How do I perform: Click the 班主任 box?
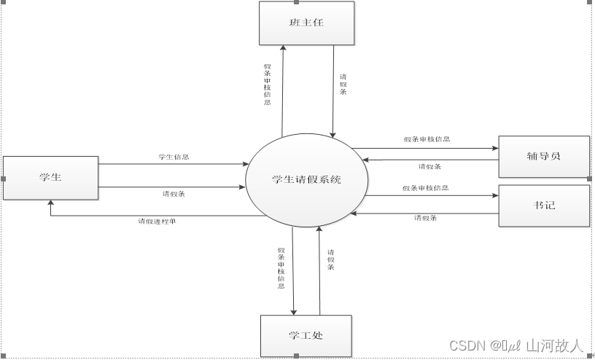(x=306, y=23)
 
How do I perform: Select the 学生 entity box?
(x=50, y=177)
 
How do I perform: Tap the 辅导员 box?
(x=543, y=156)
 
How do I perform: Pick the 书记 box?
(x=543, y=205)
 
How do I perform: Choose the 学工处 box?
(x=306, y=335)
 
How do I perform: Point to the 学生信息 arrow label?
(x=174, y=157)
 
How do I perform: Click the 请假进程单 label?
(x=157, y=222)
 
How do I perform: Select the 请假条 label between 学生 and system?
(x=174, y=194)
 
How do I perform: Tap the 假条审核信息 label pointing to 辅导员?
(x=427, y=138)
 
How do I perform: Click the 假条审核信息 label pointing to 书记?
(x=425, y=188)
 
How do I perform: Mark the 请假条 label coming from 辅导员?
(x=429, y=166)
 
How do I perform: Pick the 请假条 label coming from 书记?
(x=425, y=218)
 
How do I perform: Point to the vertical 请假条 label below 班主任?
(x=343, y=85)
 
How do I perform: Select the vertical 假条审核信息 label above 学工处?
(x=281, y=268)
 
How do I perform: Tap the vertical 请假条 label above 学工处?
(x=330, y=260)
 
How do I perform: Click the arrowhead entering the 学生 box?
(x=50, y=203)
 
